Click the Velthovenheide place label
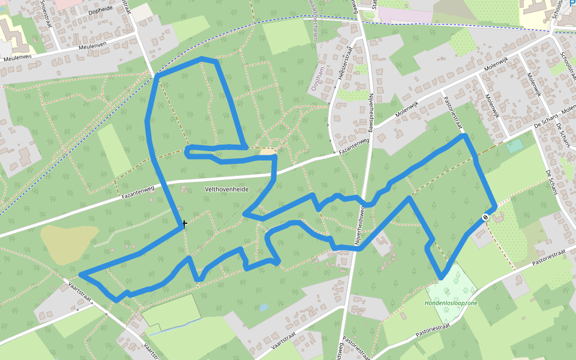click(x=227, y=189)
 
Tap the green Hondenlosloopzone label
click(x=451, y=303)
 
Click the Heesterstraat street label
click(x=344, y=66)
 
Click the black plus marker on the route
click(x=184, y=223)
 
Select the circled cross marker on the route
click(x=485, y=217)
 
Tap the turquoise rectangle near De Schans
click(x=514, y=146)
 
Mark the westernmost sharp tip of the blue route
click(x=81, y=275)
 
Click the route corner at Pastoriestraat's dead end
click(x=464, y=136)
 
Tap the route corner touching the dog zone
click(x=442, y=277)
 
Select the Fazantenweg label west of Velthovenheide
click(x=138, y=192)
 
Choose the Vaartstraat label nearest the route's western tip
click(x=82, y=289)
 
